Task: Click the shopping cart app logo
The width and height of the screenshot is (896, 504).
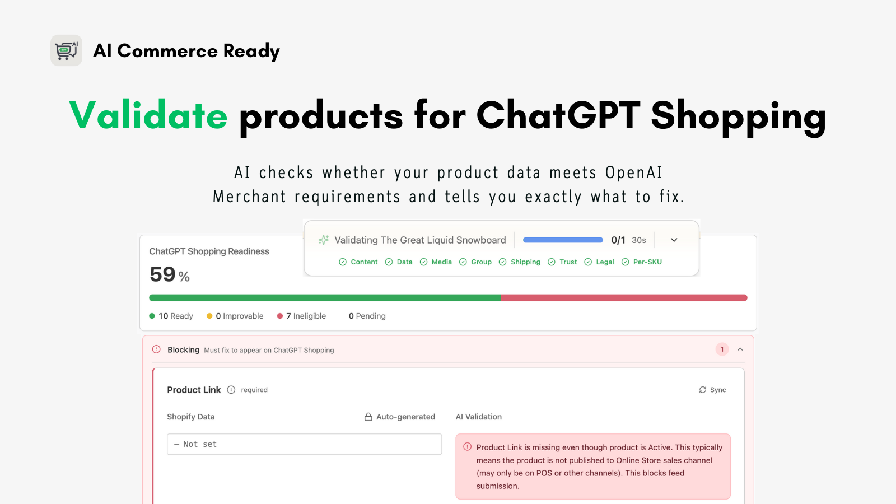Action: [67, 50]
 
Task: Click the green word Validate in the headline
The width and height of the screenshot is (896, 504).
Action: [148, 115]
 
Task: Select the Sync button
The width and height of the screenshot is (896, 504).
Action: [712, 390]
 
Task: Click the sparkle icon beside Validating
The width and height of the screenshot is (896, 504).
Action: [324, 240]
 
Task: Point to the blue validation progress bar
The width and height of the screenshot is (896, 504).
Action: [563, 240]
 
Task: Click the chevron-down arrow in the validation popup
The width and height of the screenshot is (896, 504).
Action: [674, 240]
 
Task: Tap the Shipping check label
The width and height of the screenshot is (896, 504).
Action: [525, 262]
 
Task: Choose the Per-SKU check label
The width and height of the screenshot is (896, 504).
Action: [647, 262]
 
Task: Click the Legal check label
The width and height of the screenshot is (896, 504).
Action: [605, 262]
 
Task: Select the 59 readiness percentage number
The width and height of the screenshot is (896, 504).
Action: [162, 274]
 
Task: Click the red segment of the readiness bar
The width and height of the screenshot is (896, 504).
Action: [624, 297]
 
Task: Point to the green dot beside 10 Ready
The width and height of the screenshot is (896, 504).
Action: [152, 316]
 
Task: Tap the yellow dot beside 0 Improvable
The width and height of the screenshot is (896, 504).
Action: [209, 316]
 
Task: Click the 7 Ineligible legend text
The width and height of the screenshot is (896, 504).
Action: [306, 316]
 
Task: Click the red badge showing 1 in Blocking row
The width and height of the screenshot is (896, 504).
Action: [722, 349]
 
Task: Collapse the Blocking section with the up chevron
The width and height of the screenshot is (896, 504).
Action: [740, 349]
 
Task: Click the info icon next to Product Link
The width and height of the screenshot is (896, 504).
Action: [231, 390]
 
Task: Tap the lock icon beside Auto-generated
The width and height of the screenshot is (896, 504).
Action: [368, 417]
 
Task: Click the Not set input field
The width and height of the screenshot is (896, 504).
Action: [305, 444]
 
